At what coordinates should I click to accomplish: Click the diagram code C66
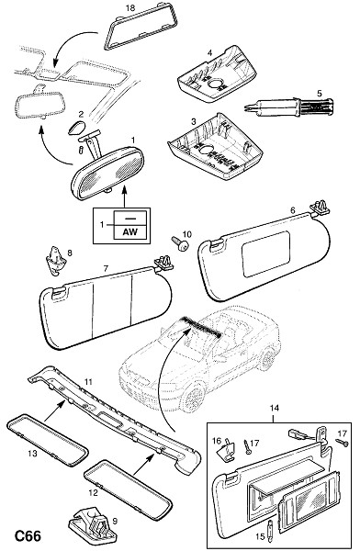28,536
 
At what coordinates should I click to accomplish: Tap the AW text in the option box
129,231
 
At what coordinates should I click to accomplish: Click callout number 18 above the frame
130,7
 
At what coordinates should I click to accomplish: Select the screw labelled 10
179,243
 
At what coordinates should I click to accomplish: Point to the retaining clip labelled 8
55,261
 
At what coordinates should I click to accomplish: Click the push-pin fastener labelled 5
289,106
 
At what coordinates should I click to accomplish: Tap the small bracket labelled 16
228,449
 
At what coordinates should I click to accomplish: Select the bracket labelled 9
93,526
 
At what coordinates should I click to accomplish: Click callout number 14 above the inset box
275,408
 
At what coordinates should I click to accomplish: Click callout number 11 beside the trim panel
88,381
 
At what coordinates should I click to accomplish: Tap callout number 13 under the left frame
32,454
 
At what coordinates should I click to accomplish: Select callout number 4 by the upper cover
210,53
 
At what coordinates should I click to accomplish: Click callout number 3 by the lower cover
194,122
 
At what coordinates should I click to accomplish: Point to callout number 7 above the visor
106,268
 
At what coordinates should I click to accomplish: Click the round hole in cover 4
216,84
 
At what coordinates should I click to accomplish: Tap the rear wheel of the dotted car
267,359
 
